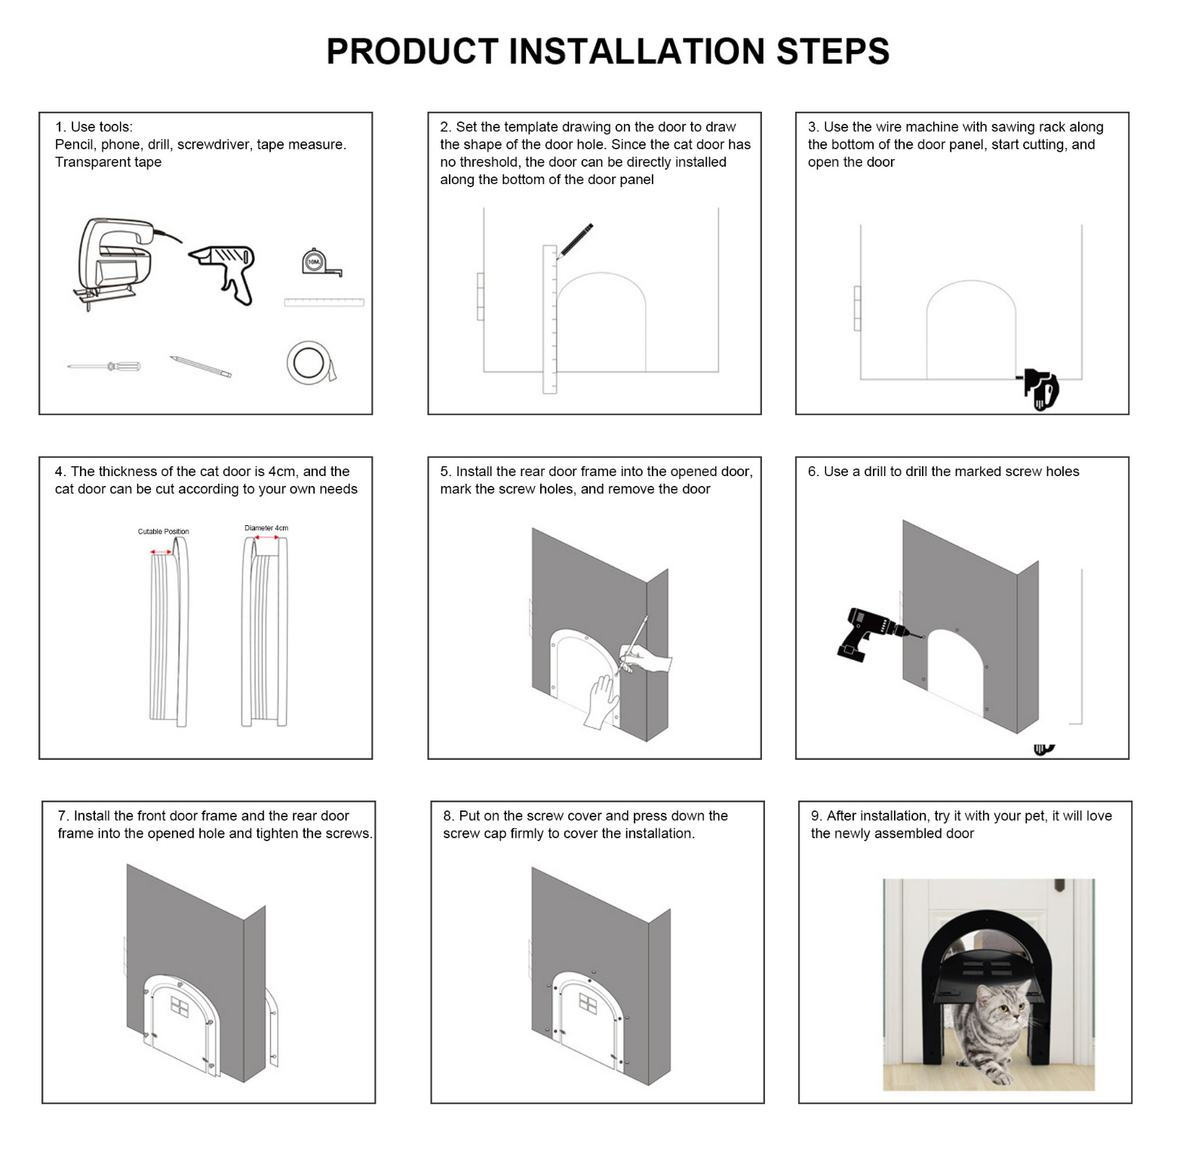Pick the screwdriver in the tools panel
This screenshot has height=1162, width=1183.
tap(104, 367)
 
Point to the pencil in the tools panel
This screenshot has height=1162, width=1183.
tap(200, 367)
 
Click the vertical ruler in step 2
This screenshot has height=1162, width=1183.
tap(549, 318)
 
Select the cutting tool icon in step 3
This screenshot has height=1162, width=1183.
tap(1040, 390)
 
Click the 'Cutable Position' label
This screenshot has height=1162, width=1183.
tap(163, 532)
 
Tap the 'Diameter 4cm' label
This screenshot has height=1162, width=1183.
tap(266, 528)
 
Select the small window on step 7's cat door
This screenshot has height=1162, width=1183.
tap(181, 1007)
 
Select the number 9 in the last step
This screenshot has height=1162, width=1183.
tap(816, 816)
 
